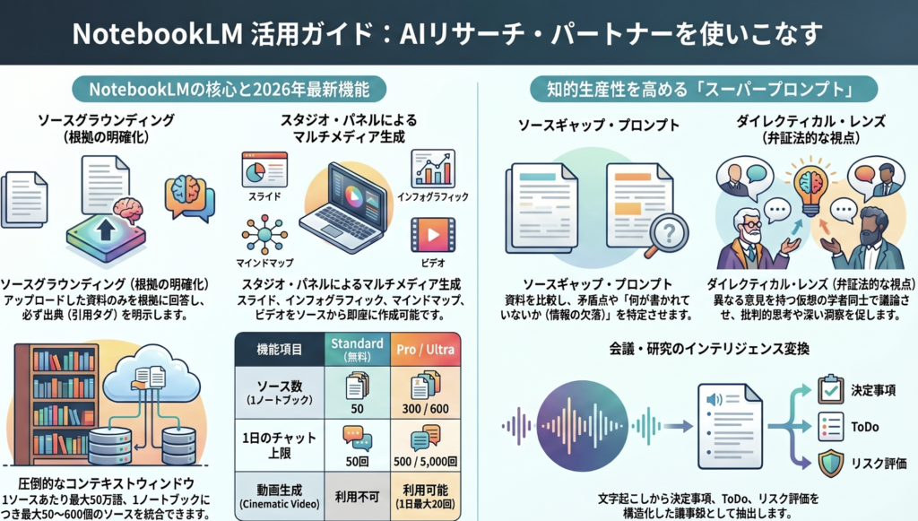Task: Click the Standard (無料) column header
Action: (356, 350)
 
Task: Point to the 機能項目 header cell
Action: (278, 350)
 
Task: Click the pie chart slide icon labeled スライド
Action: (264, 169)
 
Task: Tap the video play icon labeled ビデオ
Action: (433, 234)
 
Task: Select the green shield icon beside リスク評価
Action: (831, 463)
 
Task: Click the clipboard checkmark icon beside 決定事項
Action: (831, 389)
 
